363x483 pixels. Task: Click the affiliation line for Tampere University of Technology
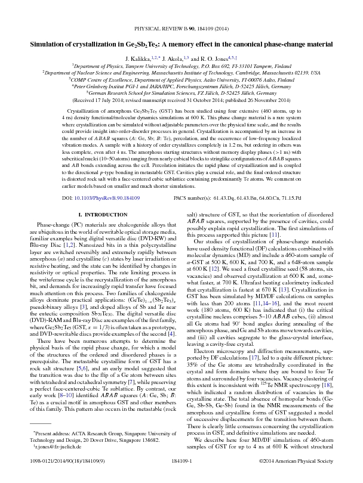coord(181,66)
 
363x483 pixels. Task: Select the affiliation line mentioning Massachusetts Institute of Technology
coord(181,72)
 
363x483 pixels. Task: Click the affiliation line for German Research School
coord(181,92)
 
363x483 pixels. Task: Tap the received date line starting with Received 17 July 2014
coord(181,100)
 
